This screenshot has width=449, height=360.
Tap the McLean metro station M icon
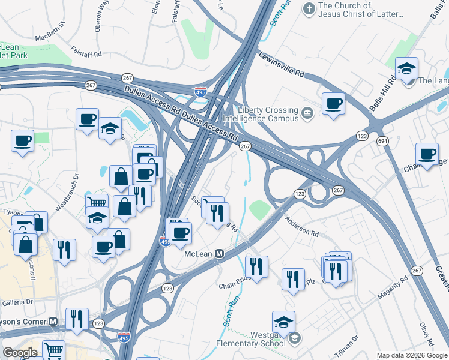[220, 254]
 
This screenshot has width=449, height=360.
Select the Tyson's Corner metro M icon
[53, 321]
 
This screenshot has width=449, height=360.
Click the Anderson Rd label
[302, 226]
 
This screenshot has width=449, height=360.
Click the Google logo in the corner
[20, 352]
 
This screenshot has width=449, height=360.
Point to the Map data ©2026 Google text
[411, 355]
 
